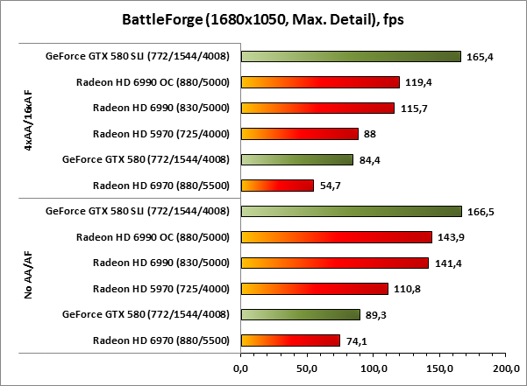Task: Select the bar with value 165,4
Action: pyautogui.click(x=351, y=56)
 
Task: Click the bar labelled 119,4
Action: pyautogui.click(x=320, y=82)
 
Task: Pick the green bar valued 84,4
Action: pyautogui.click(x=296, y=159)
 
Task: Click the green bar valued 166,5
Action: pyautogui.click(x=352, y=211)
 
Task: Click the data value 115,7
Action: pyautogui.click(x=412, y=109)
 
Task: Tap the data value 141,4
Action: pyautogui.click(x=446, y=263)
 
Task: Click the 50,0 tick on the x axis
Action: pyautogui.click(x=307, y=369)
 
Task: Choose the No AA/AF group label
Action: pyautogui.click(x=29, y=276)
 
